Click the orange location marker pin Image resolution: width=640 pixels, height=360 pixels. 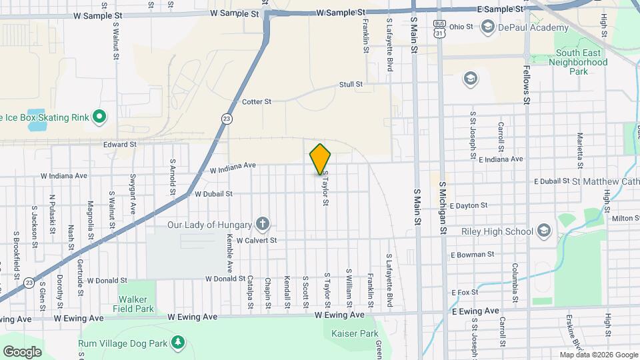[321, 159]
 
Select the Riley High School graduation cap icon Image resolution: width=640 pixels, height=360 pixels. [544, 231]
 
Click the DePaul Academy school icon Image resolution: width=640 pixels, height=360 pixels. [487, 27]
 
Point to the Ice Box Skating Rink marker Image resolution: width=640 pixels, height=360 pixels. [99, 118]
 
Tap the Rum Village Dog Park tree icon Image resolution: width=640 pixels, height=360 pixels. [177, 343]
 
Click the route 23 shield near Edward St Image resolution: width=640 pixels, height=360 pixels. [227, 118]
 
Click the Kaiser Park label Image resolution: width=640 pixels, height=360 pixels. [351, 333]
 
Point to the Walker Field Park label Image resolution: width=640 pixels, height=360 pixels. [136, 304]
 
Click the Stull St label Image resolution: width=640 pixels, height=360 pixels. [350, 85]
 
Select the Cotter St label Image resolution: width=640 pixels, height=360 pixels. [257, 102]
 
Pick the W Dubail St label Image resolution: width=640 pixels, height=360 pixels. [213, 194]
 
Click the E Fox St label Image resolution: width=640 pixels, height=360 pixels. [466, 292]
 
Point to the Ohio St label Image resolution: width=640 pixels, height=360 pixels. [461, 27]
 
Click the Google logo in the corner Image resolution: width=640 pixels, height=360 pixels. [22, 351]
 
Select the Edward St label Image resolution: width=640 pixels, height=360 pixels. [119, 144]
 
